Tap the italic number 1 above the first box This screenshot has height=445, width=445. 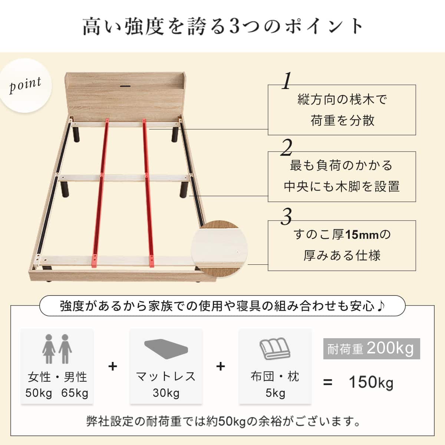tap(286, 81)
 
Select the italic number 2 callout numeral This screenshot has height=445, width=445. tap(286, 148)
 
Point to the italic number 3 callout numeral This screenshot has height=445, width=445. tap(286, 217)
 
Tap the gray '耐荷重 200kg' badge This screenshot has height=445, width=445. tap(371, 349)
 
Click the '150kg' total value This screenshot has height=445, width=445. tap(370, 382)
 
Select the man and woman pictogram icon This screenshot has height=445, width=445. tap(57, 349)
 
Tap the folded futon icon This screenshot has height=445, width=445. tap(275, 349)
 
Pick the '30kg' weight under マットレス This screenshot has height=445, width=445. tap(166, 393)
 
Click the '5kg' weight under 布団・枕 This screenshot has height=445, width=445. tap(275, 393)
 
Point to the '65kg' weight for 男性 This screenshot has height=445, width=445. tap(75, 393)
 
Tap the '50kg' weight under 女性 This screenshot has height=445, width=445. tap(39, 393)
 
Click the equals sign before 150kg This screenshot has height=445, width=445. tap(327, 382)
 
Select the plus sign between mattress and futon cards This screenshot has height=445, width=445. tap(221, 366)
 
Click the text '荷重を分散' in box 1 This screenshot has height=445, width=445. tap(342, 120)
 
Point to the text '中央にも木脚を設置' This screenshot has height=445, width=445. tap(342, 186)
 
